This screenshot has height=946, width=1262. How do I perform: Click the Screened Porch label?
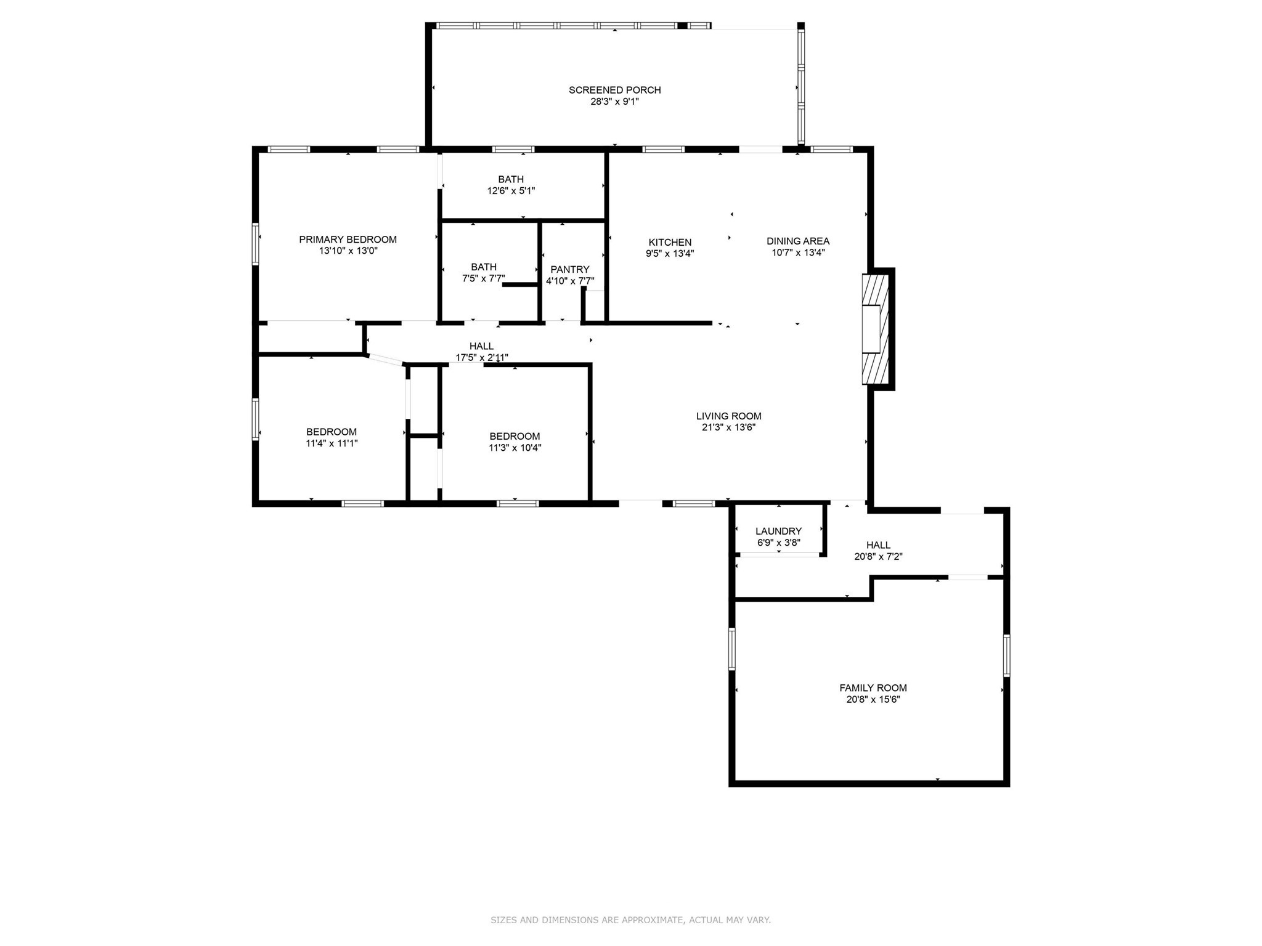click(614, 90)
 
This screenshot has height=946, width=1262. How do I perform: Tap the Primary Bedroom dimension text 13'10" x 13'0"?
click(348, 251)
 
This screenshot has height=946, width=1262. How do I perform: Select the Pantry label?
click(569, 269)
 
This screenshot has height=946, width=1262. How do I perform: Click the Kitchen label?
click(670, 242)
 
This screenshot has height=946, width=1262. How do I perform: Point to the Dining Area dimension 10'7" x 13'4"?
click(798, 252)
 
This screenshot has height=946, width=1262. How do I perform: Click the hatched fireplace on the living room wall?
click(874, 329)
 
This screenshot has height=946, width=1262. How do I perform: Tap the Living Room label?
click(728, 416)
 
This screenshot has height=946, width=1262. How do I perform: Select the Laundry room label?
click(778, 531)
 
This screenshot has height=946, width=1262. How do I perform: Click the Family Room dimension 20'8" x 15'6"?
click(873, 699)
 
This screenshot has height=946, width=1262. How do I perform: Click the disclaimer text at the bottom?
click(630, 920)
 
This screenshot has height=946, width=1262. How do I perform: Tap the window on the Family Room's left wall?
click(732, 649)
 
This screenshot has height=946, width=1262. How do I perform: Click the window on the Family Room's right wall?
click(1006, 655)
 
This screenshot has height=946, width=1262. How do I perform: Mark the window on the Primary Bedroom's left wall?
click(255, 245)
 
